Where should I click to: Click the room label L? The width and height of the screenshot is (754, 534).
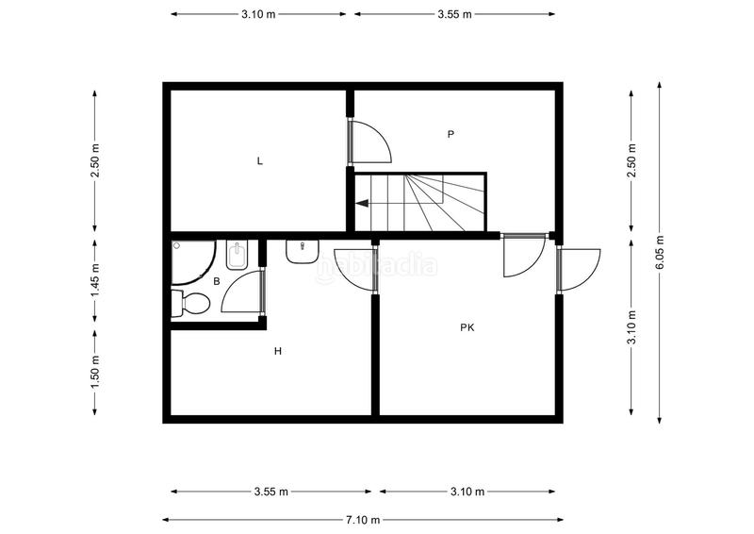pyautogui.click(x=259, y=161)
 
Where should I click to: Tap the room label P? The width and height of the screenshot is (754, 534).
pyautogui.click(x=451, y=135)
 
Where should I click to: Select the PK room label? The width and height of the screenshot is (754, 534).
pyautogui.click(x=467, y=328)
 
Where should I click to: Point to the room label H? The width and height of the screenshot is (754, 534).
pyautogui.click(x=278, y=352)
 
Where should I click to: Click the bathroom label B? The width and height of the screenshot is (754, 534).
pyautogui.click(x=217, y=281)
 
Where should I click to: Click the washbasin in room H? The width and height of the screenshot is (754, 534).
pyautogui.click(x=302, y=252)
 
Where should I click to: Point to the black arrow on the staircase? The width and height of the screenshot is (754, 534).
pyautogui.click(x=362, y=201)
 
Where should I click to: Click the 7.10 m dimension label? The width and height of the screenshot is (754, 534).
pyautogui.click(x=363, y=520)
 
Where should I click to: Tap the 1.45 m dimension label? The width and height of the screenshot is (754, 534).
pyautogui.click(x=95, y=280)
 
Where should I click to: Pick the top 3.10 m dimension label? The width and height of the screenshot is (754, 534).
pyautogui.click(x=258, y=14)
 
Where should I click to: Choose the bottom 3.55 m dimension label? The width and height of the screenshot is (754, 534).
pyautogui.click(x=271, y=492)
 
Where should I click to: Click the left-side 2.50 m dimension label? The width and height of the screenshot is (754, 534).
pyautogui.click(x=95, y=160)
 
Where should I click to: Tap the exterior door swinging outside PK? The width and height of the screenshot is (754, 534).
pyautogui.click(x=580, y=269)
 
